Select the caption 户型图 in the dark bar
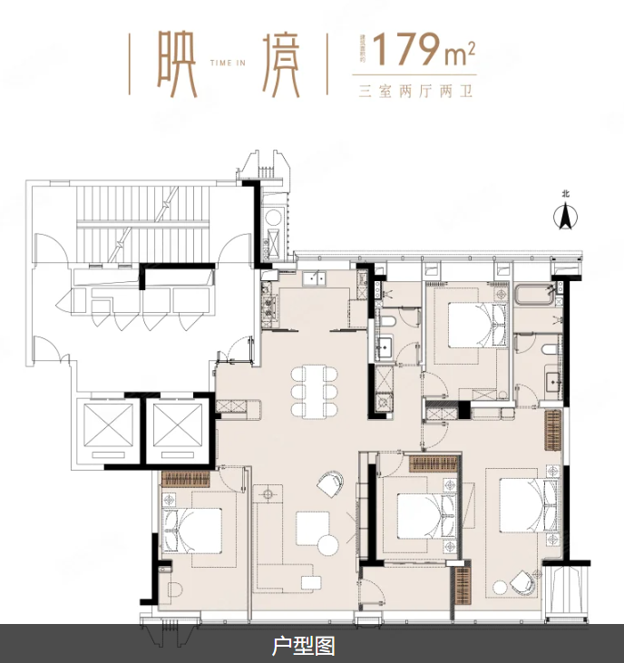click(x=304, y=646)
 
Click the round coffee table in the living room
click(x=327, y=545)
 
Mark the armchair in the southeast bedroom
click(x=521, y=581)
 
